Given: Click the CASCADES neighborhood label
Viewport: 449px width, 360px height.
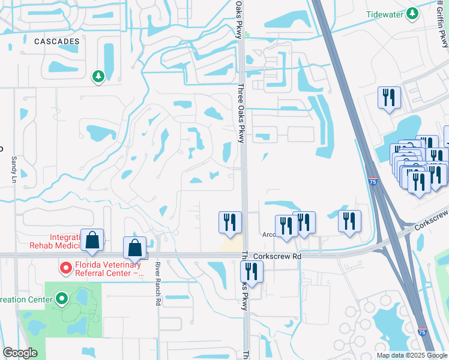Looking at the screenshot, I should (x=57, y=41).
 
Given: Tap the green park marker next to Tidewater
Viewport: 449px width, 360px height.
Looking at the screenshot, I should (x=412, y=13).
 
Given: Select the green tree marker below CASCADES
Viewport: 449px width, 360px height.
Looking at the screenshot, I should (x=98, y=76).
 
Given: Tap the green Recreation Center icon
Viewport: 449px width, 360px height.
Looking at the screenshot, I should (x=61, y=298).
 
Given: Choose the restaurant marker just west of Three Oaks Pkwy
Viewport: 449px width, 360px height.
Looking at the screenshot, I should (x=229, y=222).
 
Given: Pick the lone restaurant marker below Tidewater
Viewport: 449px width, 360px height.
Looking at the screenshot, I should (x=389, y=97).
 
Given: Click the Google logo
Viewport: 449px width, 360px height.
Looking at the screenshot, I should (x=20, y=353).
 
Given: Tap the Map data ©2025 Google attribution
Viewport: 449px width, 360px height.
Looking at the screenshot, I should (x=411, y=355).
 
